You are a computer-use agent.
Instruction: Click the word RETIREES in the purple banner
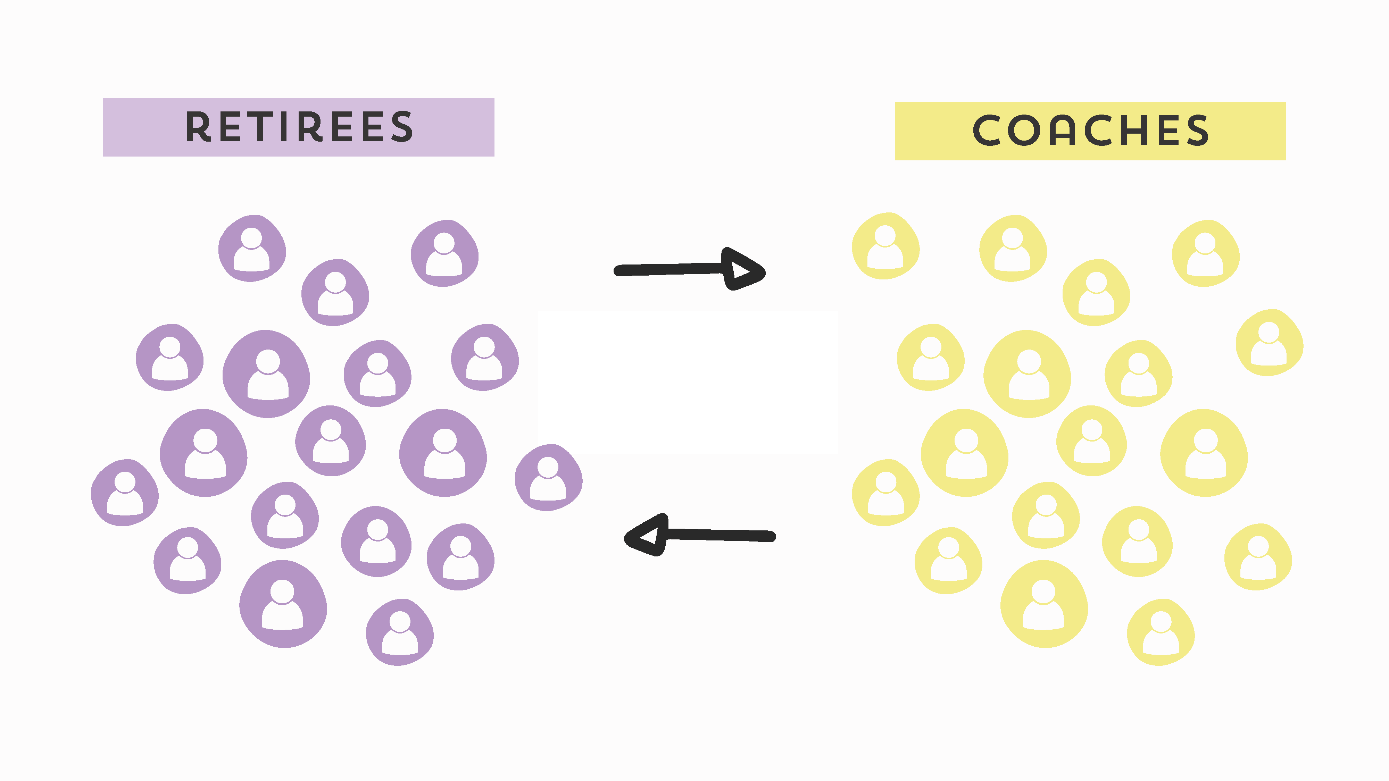(299, 127)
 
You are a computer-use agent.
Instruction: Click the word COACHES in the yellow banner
(1090, 131)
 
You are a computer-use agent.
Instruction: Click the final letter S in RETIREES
(402, 127)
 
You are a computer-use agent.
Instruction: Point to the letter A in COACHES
(1062, 131)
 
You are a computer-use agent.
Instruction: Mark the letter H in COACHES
(1133, 131)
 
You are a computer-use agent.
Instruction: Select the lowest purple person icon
(400, 632)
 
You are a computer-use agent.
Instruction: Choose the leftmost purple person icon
(125, 493)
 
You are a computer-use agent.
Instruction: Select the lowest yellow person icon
(1161, 632)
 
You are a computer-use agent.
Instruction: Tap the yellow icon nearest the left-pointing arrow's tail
(885, 493)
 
